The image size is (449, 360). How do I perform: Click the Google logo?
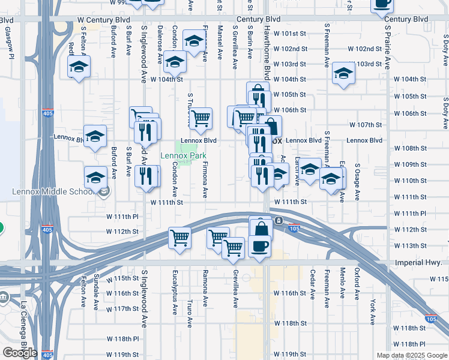coord(20,353)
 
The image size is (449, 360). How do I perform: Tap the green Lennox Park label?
coord(183,156)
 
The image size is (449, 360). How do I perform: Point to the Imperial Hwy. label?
coord(418,263)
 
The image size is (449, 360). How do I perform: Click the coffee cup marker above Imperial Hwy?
coord(259,246)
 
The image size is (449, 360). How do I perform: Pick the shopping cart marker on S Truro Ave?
coord(200,118)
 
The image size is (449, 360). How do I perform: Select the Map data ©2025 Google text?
coord(411,355)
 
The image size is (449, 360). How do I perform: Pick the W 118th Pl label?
coord(409,344)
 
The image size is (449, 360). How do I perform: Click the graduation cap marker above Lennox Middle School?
coord(95,178)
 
